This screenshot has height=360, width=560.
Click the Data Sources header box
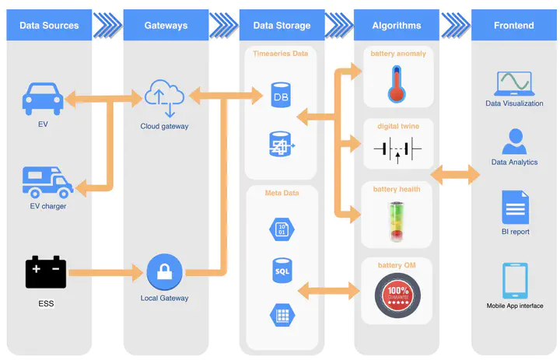[x=49, y=26]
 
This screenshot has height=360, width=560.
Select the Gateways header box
[x=166, y=26]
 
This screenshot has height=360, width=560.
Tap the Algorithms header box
[x=397, y=26]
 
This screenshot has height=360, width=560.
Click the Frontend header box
[x=513, y=26]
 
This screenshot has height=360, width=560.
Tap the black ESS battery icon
[x=46, y=272]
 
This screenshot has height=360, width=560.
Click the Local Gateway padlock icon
[x=164, y=272]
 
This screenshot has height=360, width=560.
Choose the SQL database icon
[x=281, y=271]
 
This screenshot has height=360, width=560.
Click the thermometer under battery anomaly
[x=397, y=84]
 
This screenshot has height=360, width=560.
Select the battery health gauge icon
[x=397, y=221]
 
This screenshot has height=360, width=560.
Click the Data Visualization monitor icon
[x=514, y=82]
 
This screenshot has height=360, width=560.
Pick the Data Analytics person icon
[x=514, y=142]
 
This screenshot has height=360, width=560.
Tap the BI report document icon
[x=515, y=208]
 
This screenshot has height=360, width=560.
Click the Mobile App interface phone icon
[x=515, y=281]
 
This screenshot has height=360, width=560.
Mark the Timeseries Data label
[x=281, y=54]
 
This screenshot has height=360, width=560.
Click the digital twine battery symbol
[x=397, y=149]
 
